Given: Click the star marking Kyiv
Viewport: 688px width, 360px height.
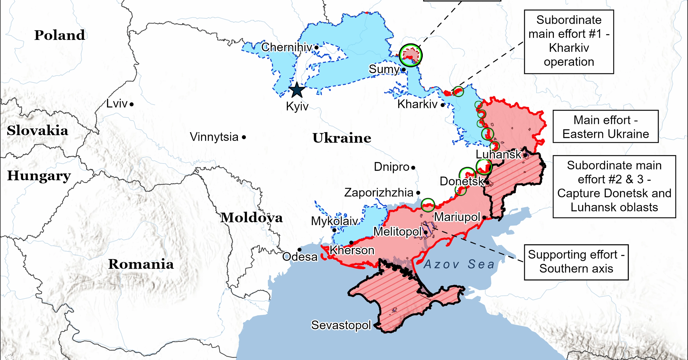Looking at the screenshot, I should tap(297, 90).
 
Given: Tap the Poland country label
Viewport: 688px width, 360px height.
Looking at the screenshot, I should tap(60, 35).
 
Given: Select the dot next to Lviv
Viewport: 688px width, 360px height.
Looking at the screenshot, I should tap(132, 104).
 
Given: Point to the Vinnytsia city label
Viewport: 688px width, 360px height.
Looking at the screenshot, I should tap(214, 137).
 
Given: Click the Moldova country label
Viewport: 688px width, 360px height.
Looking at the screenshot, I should tap(252, 217).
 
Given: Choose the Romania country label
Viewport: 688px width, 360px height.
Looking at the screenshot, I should tap(141, 264).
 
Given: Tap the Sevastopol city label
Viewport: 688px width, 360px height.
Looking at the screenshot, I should tap(341, 325).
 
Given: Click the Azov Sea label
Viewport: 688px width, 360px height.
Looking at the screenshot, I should tap(459, 264).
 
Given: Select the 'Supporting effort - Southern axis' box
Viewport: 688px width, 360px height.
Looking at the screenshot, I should tap(576, 262).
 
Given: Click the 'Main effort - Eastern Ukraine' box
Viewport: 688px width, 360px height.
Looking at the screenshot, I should tap(605, 127).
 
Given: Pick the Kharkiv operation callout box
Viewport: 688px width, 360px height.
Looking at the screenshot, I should tap(569, 42).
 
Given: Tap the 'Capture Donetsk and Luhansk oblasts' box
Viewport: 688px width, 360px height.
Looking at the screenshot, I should tap(614, 186).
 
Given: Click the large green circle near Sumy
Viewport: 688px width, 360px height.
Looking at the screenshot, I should tap(410, 55).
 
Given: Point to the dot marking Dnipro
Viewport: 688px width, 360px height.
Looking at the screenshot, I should tap(413, 168).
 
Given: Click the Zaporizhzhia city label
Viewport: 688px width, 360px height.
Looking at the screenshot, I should tap(379, 193).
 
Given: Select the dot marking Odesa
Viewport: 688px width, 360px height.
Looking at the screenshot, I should tap(299, 250).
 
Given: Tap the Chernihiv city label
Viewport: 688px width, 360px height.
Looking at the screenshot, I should tap(286, 47).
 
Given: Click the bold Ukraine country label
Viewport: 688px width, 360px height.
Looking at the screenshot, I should tap(342, 138).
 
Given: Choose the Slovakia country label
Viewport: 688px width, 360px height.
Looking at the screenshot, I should tap(37, 131).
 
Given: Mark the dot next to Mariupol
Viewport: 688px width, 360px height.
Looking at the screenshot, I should tap(484, 217).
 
